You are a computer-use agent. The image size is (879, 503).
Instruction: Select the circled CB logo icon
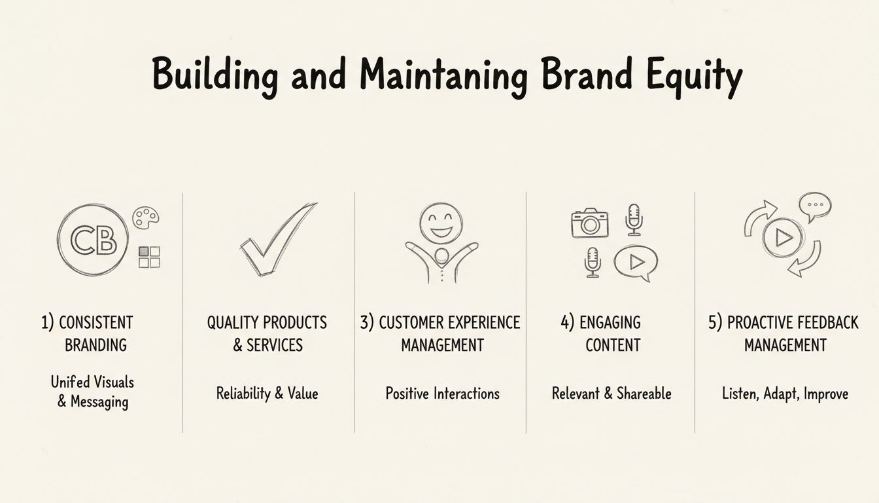(93, 239)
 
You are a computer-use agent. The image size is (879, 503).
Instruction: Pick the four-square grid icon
(149, 257)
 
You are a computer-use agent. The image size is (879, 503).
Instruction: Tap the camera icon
(590, 223)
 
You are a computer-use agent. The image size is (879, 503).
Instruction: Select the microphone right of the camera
(633, 219)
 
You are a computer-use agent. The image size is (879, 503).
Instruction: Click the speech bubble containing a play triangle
(635, 262)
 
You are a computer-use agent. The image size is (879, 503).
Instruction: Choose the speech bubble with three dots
(815, 205)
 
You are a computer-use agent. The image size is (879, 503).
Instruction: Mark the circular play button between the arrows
(783, 239)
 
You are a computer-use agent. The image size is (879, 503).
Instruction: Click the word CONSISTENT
(95, 322)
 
